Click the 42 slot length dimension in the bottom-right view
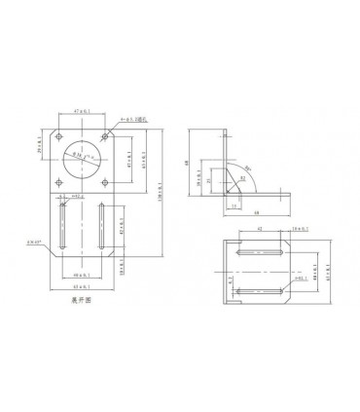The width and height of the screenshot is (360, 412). pos(260,228)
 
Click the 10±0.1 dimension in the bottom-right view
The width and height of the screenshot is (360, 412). pos(298,228)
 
